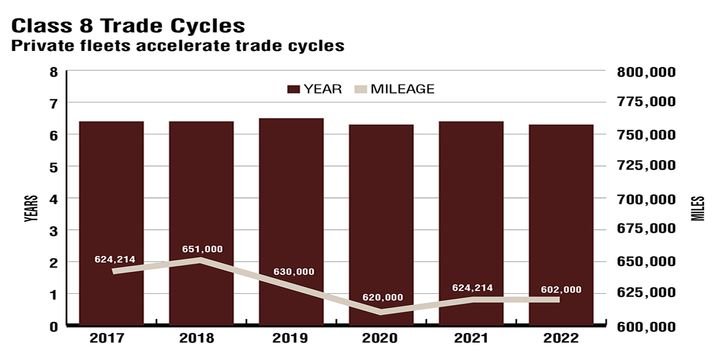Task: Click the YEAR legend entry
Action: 315,89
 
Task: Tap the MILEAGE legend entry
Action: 395,89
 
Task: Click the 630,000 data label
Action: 293,272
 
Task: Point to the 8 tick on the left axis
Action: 53,72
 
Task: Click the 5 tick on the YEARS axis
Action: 53,167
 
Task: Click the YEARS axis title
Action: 30,210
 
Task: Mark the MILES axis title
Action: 699,210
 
